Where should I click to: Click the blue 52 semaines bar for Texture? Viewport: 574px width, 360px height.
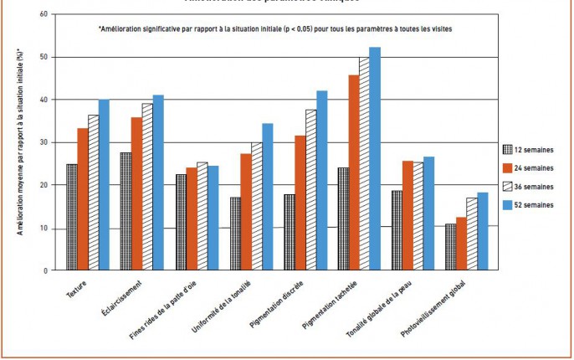coord(104,185)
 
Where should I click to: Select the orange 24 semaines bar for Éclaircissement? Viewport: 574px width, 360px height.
coord(136,193)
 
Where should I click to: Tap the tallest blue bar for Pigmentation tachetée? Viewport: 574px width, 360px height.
coord(374,158)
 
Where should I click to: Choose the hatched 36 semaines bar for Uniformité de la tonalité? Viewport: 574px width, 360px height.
coord(256,206)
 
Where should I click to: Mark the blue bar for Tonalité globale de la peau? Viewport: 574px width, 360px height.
coord(428,213)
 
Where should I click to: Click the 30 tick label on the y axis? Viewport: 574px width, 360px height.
coord(42,142)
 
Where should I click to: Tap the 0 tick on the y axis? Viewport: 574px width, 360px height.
coord(44,270)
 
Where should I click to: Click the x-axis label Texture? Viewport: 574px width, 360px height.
coord(76,290)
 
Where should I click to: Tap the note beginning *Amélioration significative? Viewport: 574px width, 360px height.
coord(275,29)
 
